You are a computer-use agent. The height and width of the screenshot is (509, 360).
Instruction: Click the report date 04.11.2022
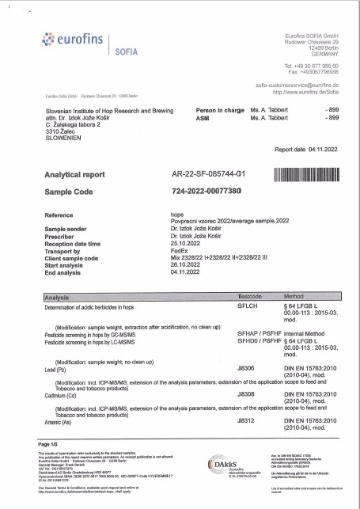(x=324, y=149)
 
